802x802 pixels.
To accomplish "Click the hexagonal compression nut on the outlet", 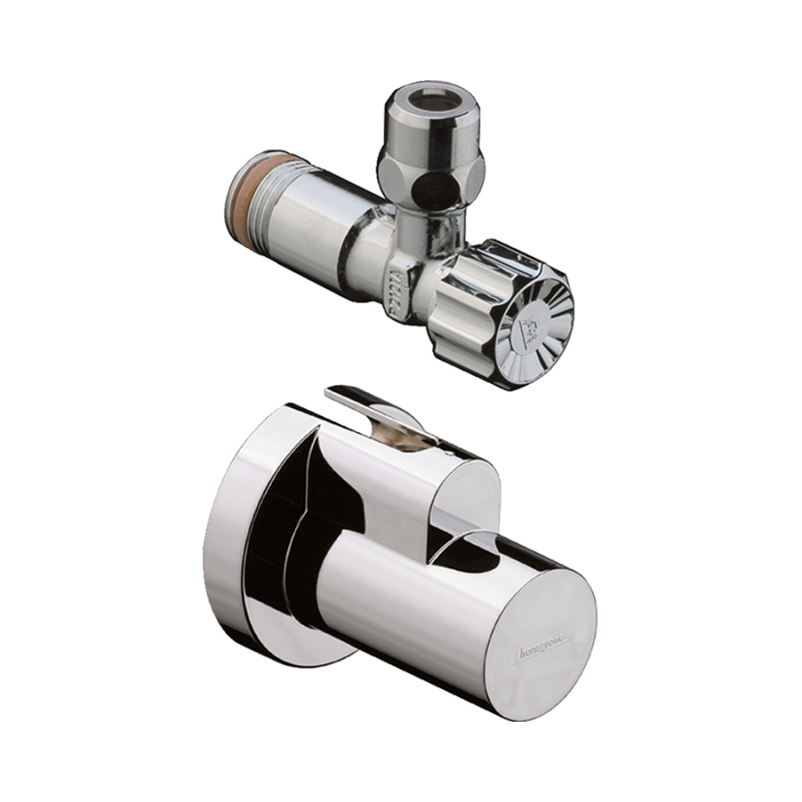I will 423,169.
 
